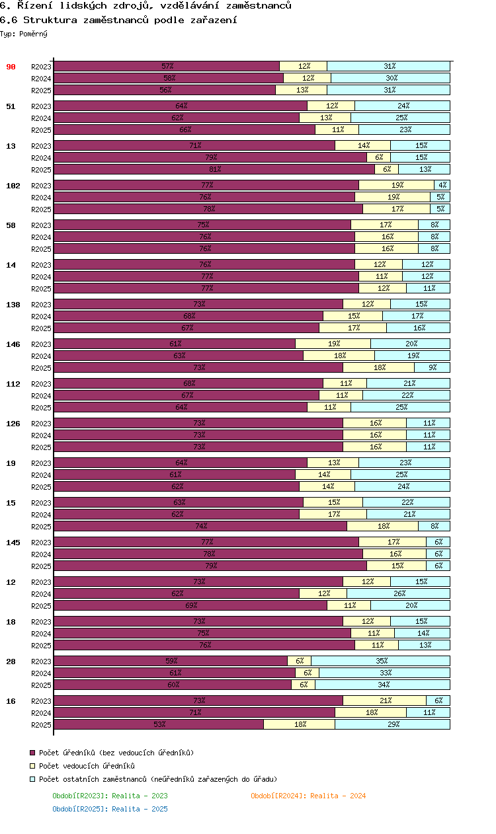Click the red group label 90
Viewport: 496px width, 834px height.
(11, 67)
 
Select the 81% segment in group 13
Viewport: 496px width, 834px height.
(214, 169)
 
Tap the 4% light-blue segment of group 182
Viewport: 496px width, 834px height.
(442, 185)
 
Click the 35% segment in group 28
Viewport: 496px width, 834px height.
(380, 661)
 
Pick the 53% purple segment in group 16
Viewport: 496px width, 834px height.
(159, 724)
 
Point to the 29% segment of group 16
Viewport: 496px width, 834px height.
(392, 724)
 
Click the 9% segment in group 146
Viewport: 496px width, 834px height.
(432, 367)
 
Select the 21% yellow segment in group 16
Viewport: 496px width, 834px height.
(384, 701)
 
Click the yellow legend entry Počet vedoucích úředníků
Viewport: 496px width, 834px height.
(87, 766)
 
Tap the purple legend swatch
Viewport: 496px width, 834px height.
(32, 753)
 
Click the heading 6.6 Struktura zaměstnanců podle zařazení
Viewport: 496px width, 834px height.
(118, 20)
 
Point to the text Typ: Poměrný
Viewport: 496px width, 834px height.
(24, 34)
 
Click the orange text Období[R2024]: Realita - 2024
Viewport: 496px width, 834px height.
(308, 796)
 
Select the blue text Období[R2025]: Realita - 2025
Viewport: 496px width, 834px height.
(110, 809)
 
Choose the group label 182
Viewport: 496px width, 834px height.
(13, 186)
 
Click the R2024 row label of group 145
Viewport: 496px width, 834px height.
(41, 554)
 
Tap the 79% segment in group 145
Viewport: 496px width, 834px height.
(210, 566)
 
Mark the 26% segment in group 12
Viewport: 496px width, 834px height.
(398, 593)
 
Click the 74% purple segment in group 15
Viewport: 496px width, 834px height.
(200, 526)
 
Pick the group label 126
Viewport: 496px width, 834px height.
(13, 424)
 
